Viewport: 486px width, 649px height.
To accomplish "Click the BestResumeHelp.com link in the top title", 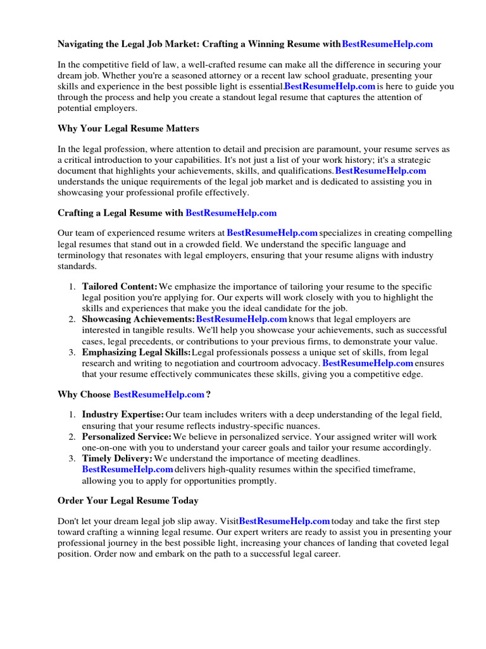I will click(x=387, y=44).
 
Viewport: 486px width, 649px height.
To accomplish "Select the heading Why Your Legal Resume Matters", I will click(x=128, y=129).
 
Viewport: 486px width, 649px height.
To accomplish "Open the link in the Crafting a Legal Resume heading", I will click(x=231, y=213).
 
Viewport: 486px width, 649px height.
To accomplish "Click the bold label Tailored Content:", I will click(x=120, y=287).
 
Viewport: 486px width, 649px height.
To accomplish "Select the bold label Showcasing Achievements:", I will click(x=138, y=319).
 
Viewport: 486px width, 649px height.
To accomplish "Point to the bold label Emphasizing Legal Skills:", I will click(x=136, y=352).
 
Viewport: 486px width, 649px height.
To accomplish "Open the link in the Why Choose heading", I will click(x=158, y=394).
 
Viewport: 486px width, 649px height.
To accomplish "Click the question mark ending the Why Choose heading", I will click(x=208, y=394).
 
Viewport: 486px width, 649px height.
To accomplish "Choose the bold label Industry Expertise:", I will click(x=123, y=414).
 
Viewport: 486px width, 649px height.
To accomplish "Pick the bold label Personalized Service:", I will click(x=127, y=437).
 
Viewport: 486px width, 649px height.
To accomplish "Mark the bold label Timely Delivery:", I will click(x=117, y=458).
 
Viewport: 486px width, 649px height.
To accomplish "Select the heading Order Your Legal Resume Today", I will click(x=128, y=501).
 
